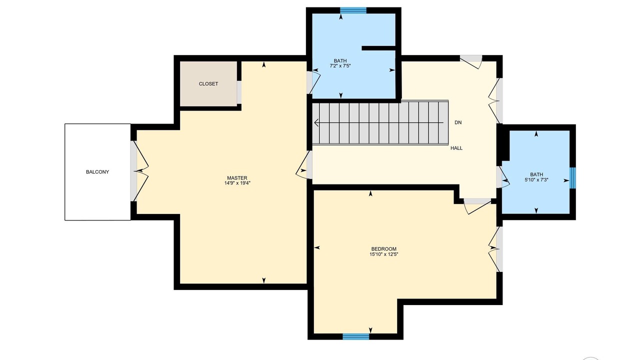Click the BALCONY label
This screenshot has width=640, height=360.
point(97,172)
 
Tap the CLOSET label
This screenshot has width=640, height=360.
point(208,83)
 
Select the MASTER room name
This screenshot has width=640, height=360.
point(237,177)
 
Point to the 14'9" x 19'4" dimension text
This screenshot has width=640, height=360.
point(237,183)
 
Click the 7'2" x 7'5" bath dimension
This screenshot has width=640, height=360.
point(340,66)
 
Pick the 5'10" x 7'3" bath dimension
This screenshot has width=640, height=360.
point(536,180)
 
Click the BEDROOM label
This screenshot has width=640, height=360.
point(383,249)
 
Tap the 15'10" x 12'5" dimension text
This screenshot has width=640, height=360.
point(383,254)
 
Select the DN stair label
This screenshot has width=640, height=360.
point(458,122)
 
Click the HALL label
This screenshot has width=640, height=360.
point(456,148)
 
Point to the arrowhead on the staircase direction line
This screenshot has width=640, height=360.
point(316,123)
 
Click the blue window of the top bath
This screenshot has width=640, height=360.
point(353,10)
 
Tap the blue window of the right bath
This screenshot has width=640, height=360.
point(573,178)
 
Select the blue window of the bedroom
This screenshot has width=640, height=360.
point(355,336)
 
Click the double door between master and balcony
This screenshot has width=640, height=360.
point(140,171)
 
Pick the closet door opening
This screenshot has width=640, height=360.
point(239,92)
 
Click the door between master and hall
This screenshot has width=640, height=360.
point(304,165)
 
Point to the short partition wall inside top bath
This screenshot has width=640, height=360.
point(378,48)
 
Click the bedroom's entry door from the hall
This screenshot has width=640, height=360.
point(477,205)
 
